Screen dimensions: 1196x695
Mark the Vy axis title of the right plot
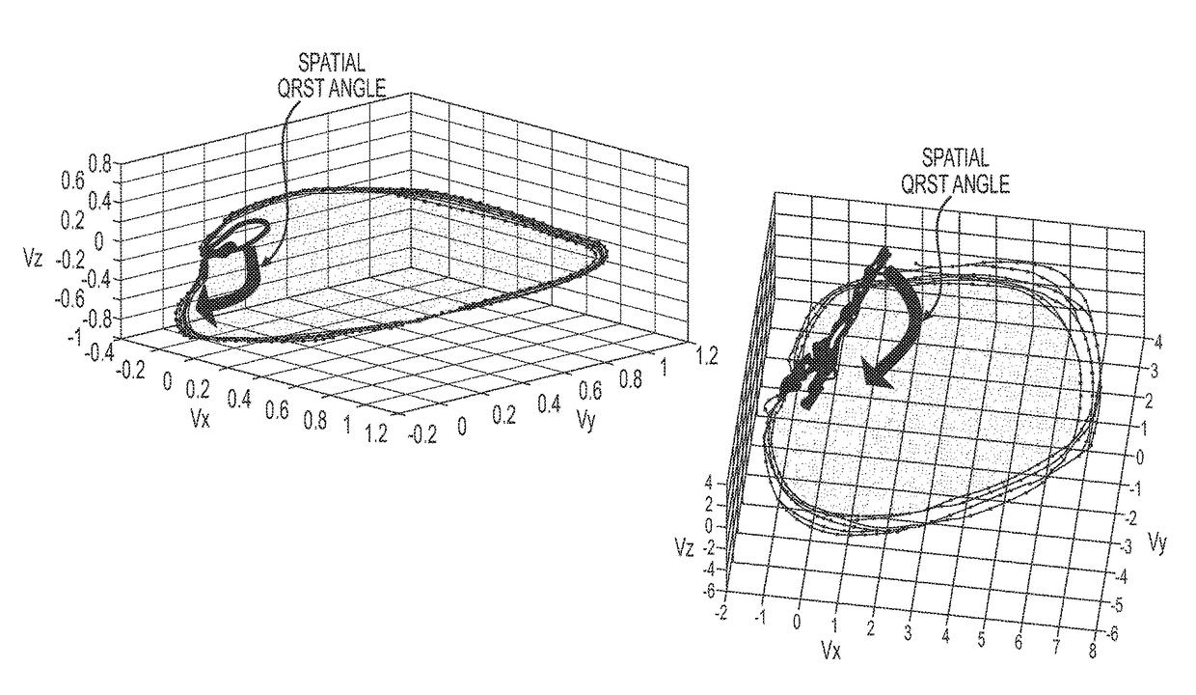tap(1159, 543)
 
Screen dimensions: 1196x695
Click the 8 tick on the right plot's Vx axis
tap(1092, 651)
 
